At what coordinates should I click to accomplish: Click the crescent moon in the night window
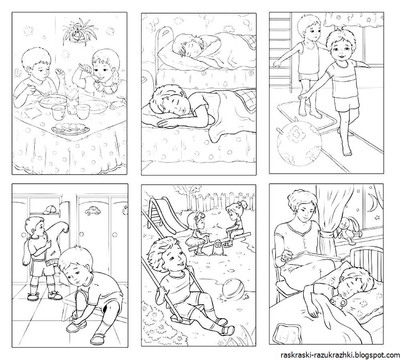point(372,203)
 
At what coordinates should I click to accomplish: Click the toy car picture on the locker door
point(92,211)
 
